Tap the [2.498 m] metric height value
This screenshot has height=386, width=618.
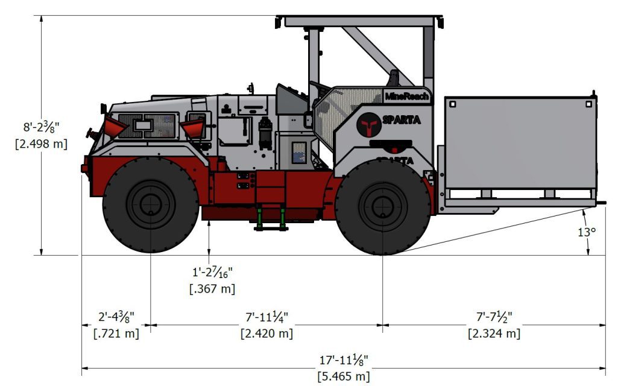tap(41, 144)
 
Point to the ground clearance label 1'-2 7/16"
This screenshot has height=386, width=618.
tap(212, 273)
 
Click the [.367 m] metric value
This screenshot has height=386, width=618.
tap(212, 289)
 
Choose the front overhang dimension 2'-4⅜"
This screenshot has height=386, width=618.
tap(116, 317)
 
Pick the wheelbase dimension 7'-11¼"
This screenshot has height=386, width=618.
tap(266, 317)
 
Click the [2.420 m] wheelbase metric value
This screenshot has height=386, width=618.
tap(266, 333)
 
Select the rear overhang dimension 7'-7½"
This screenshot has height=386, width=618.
tap(494, 317)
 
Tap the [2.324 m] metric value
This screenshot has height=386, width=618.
tap(494, 333)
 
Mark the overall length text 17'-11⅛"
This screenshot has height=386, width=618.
tap(344, 360)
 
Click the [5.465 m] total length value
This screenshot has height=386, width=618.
tap(344, 376)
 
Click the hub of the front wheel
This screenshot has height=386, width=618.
tap(150, 204)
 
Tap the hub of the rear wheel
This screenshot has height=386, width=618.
tap(382, 206)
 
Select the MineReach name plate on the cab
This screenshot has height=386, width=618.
tap(407, 96)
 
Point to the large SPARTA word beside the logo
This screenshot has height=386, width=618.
tap(402, 120)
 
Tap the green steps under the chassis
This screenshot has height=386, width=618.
tap(271, 218)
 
